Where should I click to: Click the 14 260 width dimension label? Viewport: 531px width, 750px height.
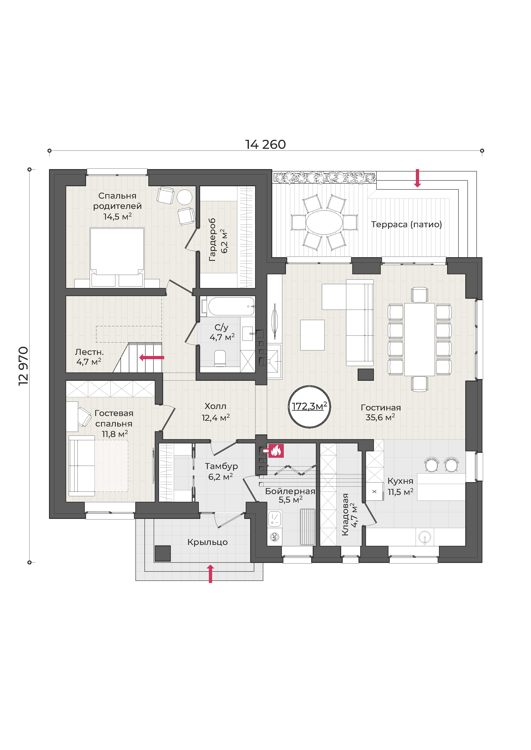point(265,144)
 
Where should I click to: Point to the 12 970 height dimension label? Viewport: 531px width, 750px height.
point(24,366)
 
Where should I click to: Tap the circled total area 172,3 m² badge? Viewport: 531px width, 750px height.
point(309,407)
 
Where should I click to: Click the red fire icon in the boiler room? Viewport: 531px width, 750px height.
point(276,451)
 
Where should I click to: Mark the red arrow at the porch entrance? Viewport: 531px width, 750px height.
point(211,574)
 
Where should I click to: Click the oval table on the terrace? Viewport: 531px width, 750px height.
point(324,222)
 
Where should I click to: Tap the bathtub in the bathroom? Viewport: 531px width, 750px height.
point(231,306)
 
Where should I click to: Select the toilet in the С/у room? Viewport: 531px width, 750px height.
point(220,358)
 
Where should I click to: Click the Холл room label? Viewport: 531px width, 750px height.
point(216,406)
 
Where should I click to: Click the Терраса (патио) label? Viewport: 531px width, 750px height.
point(406,224)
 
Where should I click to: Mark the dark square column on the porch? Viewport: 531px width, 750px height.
point(162,553)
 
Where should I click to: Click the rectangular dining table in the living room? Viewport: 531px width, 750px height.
point(419,339)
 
